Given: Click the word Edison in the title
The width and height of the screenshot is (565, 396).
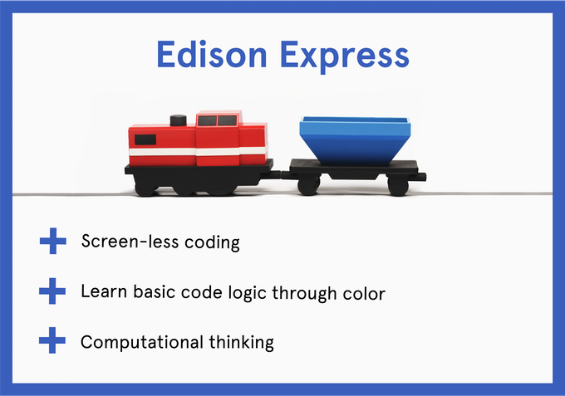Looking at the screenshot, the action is coord(212,54).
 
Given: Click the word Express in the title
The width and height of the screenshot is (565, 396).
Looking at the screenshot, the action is coord(345,56).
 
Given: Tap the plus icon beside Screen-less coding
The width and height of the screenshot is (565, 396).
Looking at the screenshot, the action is coord(53,241).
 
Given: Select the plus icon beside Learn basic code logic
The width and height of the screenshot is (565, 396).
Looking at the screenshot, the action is coord(52,291).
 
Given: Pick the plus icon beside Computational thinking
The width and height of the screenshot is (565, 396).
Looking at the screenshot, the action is coord(52,340).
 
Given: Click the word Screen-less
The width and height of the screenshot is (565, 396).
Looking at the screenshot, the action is coord(130,241).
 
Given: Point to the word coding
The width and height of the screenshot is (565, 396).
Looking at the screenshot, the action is coord(212,242).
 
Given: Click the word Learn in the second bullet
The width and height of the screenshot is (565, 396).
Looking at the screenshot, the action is coord(104,291).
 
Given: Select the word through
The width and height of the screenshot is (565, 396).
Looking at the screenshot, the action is coord(304,293).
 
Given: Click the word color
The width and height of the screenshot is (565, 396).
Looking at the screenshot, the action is coord(364,293).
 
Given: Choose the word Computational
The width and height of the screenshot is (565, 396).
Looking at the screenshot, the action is coord(142,342).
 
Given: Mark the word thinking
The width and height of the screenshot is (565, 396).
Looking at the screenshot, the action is coord(242,342).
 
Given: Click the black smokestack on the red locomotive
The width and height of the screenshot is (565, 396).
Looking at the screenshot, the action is coord(178,120).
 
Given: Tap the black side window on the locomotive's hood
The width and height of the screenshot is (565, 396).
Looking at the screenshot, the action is coord(145,139).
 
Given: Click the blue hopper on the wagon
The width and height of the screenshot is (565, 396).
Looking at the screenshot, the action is coord(355,140).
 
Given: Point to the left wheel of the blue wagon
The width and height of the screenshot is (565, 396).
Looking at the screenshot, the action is coord(309,185).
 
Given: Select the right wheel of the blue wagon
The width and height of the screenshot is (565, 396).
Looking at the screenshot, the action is coord(398,186).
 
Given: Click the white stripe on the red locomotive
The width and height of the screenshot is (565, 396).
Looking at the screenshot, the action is coord(199,152).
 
